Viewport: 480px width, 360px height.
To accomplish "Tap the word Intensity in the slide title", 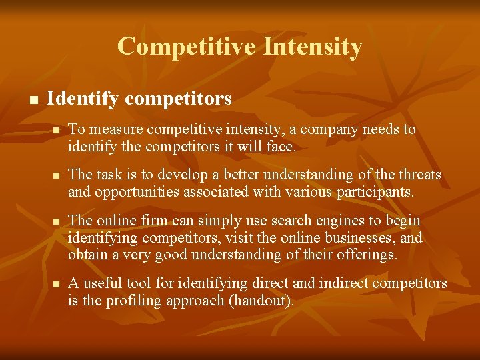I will tap(313, 47).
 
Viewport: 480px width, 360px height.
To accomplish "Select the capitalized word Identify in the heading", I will tap(83, 99).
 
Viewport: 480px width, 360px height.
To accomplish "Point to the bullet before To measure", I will tap(57, 130).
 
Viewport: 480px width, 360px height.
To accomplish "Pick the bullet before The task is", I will tap(57, 175).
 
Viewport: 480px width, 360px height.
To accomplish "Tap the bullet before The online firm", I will tap(57, 221).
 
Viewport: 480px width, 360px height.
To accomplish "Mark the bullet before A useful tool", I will tap(57, 284).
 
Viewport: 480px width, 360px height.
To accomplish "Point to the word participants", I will tap(379, 192).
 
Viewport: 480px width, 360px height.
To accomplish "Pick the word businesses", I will tap(361, 237).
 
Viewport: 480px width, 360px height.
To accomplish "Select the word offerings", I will tap(367, 254).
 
